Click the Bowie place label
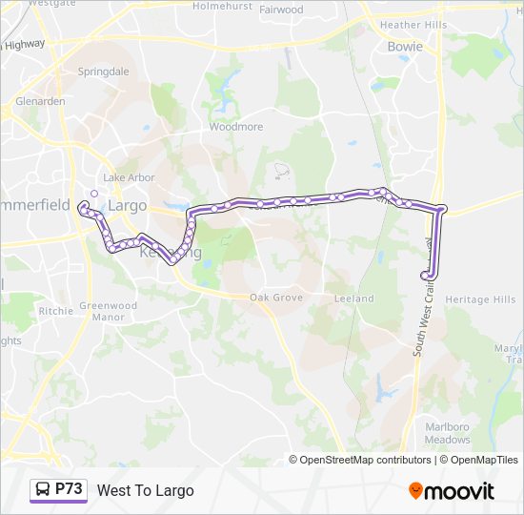click(405, 46)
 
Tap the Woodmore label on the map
click(235, 126)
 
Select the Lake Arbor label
click(129, 177)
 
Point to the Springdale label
click(103, 72)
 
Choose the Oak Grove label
click(275, 299)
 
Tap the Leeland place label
click(354, 299)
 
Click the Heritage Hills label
click(480, 299)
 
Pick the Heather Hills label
click(413, 25)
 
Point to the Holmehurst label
click(222, 6)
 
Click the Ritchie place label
click(55, 311)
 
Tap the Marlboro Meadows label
click(447, 434)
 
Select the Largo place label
click(128, 205)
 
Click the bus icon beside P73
click(42, 490)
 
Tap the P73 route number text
click(70, 489)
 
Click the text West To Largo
click(145, 490)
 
